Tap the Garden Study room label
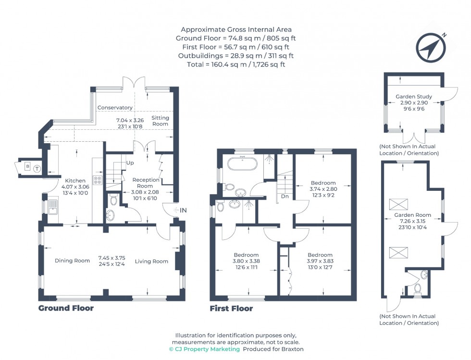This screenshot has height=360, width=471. tap(413, 97)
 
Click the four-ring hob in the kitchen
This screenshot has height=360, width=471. tap(97, 180)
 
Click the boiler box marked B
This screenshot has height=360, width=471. tap(27, 166)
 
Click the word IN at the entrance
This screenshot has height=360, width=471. tap(183, 210)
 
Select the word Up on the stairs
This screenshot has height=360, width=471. tap(130, 163)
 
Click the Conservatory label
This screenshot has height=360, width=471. tap(114, 108)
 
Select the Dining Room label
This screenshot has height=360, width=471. tap(72, 261)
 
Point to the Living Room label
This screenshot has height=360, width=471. tap(151, 261)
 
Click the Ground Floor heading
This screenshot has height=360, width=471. tap(66, 308)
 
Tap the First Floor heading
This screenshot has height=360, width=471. tap(231, 309)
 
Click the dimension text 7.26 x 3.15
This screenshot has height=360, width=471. tap(413, 221)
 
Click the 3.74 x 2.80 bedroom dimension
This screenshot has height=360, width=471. tap(323, 189)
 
